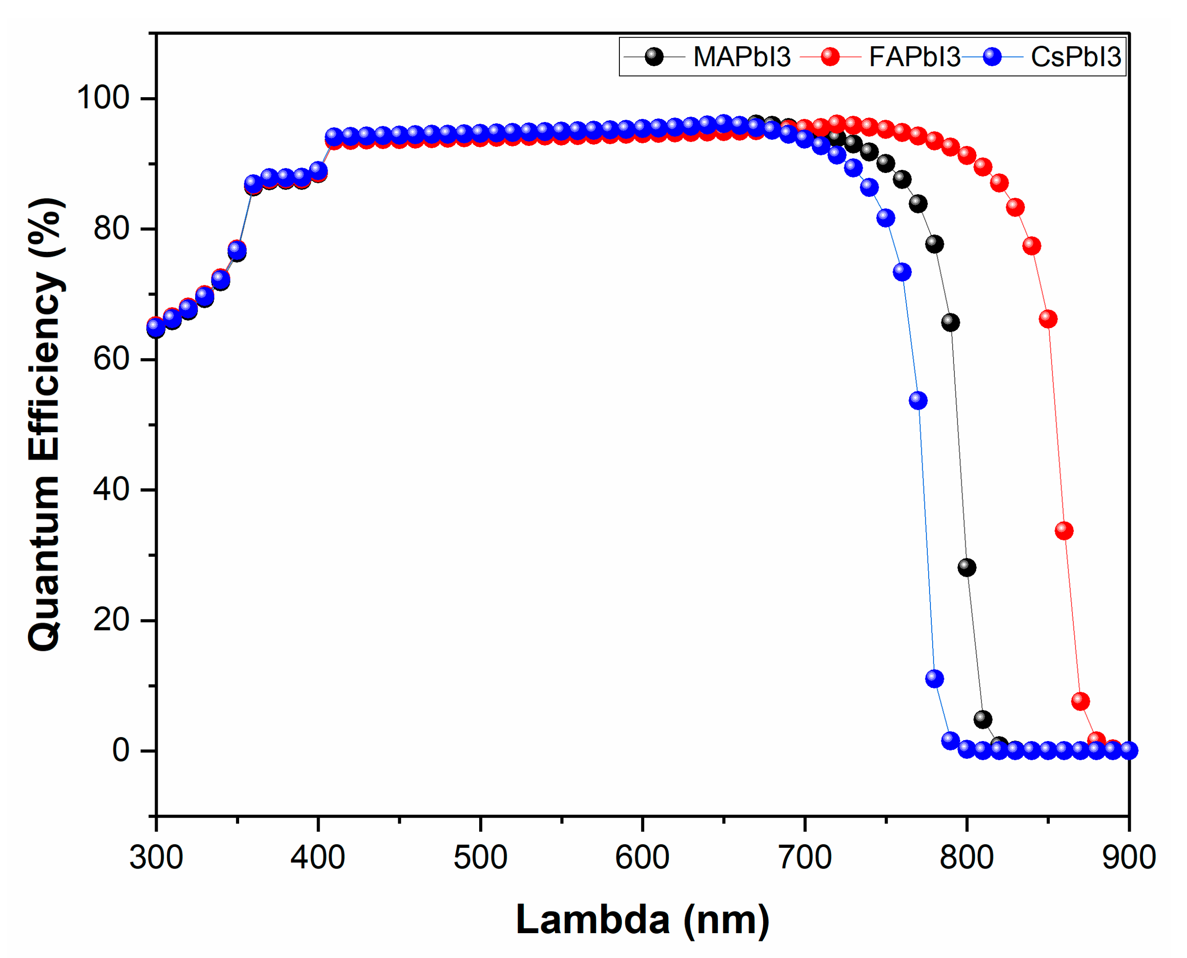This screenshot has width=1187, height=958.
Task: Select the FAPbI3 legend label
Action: point(914,57)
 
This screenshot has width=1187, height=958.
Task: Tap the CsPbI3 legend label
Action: point(1075,57)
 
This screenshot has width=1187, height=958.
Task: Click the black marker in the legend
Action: point(654,57)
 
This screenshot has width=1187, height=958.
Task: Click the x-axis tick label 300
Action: point(156,857)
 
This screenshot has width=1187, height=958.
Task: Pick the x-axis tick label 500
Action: point(480,857)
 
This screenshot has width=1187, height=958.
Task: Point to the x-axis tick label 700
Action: point(805,857)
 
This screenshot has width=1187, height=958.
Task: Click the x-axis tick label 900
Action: point(1129,857)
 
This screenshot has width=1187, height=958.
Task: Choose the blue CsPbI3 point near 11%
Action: point(934,678)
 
